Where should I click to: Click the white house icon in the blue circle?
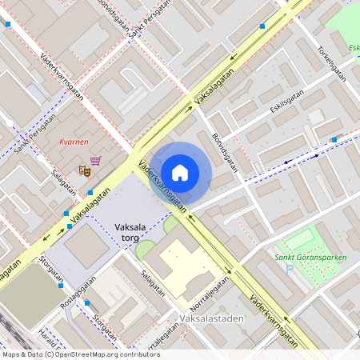(x=180, y=172)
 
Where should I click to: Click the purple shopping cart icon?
(x=95, y=161)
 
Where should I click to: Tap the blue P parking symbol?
(x=290, y=268)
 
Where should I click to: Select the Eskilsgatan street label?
(x=286, y=102)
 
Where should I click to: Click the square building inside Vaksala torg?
(x=86, y=246)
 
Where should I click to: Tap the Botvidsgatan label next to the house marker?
(x=226, y=152)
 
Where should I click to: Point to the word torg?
(x=131, y=238)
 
